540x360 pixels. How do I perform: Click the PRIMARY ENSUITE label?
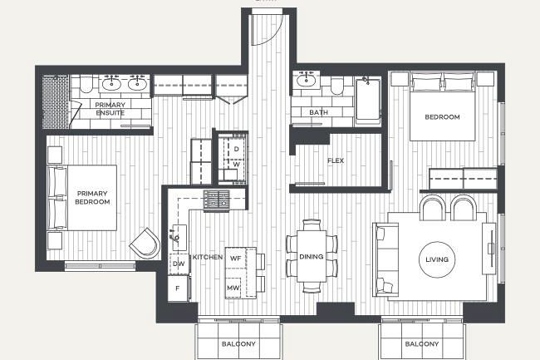pos(110,109)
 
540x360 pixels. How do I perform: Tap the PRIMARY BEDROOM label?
pos(91,197)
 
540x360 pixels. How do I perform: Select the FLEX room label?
pos(336,160)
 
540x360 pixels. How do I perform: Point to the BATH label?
pos(318,112)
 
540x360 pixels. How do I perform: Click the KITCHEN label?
pos(207,258)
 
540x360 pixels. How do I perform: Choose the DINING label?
pos(312,257)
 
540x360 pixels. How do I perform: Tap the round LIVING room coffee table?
pos(436,259)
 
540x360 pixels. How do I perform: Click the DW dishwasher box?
pos(179,264)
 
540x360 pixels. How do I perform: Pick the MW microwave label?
pos(234,288)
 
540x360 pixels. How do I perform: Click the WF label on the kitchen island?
pos(235,259)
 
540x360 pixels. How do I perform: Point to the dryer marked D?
pos(236,149)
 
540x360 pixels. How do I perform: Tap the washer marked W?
pos(236,165)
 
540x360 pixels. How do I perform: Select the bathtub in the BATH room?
pos(366,101)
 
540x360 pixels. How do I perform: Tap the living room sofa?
pos(385,259)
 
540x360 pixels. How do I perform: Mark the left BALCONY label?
pos(238,343)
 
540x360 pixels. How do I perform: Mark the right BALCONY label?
pos(422,343)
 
